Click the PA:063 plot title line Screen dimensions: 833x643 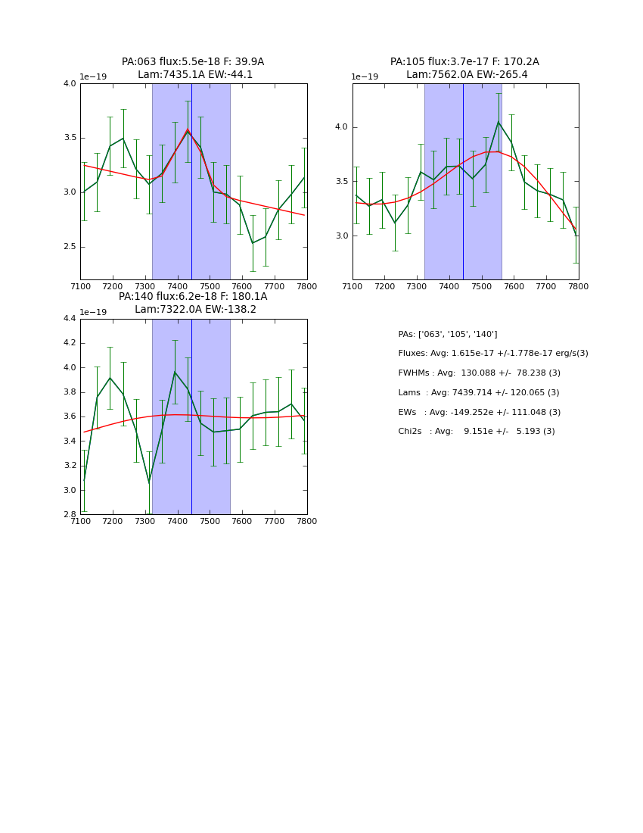pos(193,62)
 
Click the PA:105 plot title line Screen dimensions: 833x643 pos(464,62)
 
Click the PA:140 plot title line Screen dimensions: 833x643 pos(193,297)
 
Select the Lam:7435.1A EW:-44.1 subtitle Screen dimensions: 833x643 pos(195,75)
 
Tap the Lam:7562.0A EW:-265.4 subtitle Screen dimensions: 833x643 pos(467,75)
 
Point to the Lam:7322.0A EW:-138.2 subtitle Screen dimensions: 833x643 pos(195,310)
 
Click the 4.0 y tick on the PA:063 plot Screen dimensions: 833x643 pos(70,84)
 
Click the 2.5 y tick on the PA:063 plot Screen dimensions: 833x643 pos(70,247)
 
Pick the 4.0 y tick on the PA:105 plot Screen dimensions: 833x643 pos(341,127)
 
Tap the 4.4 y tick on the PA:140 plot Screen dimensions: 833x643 pos(70,319)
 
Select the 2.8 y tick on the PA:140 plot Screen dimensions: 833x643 pos(70,514)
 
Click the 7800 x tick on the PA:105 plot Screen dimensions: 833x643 pos(579,287)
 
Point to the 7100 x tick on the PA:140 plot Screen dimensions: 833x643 pos(80,522)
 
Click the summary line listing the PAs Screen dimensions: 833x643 pos(448,335)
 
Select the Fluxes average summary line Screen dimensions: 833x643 pos(492,354)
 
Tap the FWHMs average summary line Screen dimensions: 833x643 pos(479,373)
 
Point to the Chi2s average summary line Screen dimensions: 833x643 pos(476,432)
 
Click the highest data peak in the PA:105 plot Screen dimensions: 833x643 pos(499,122)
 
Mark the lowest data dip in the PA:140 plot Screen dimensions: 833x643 pos(149,482)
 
